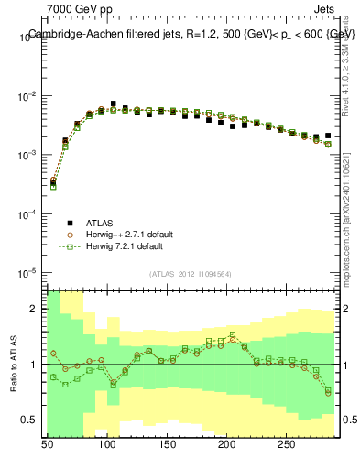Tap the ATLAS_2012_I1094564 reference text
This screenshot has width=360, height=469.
(x=190, y=273)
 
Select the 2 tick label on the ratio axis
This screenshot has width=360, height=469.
(x=35, y=309)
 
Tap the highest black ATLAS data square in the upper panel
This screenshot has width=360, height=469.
(x=114, y=104)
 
